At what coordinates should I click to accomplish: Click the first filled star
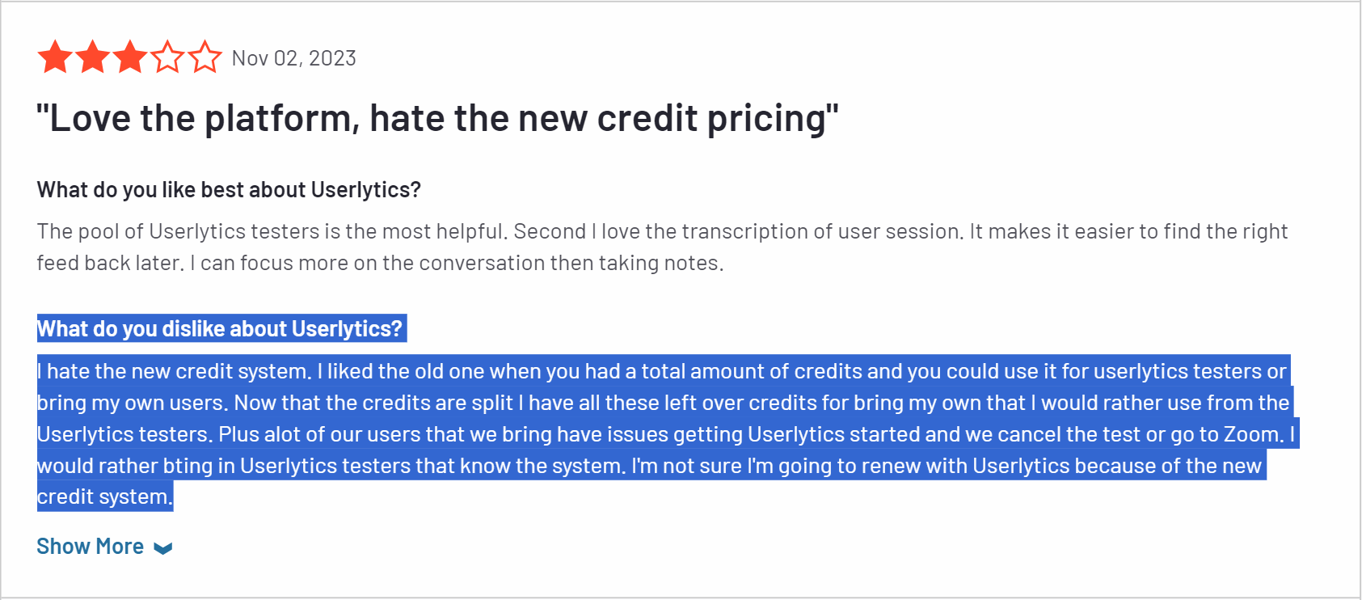[x=55, y=57]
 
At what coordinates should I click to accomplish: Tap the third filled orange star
[x=130, y=57]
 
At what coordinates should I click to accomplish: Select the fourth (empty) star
[x=167, y=57]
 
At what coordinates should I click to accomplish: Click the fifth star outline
[x=205, y=57]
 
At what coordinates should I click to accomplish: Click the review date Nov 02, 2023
[x=293, y=58]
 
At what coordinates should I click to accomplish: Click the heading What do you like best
[x=229, y=190]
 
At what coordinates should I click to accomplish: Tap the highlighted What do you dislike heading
[x=219, y=329]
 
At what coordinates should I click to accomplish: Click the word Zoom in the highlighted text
[x=1252, y=434]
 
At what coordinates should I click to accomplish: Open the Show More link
[x=91, y=547]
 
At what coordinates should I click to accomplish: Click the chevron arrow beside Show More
[x=162, y=548]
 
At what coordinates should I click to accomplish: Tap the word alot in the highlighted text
[x=282, y=434]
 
